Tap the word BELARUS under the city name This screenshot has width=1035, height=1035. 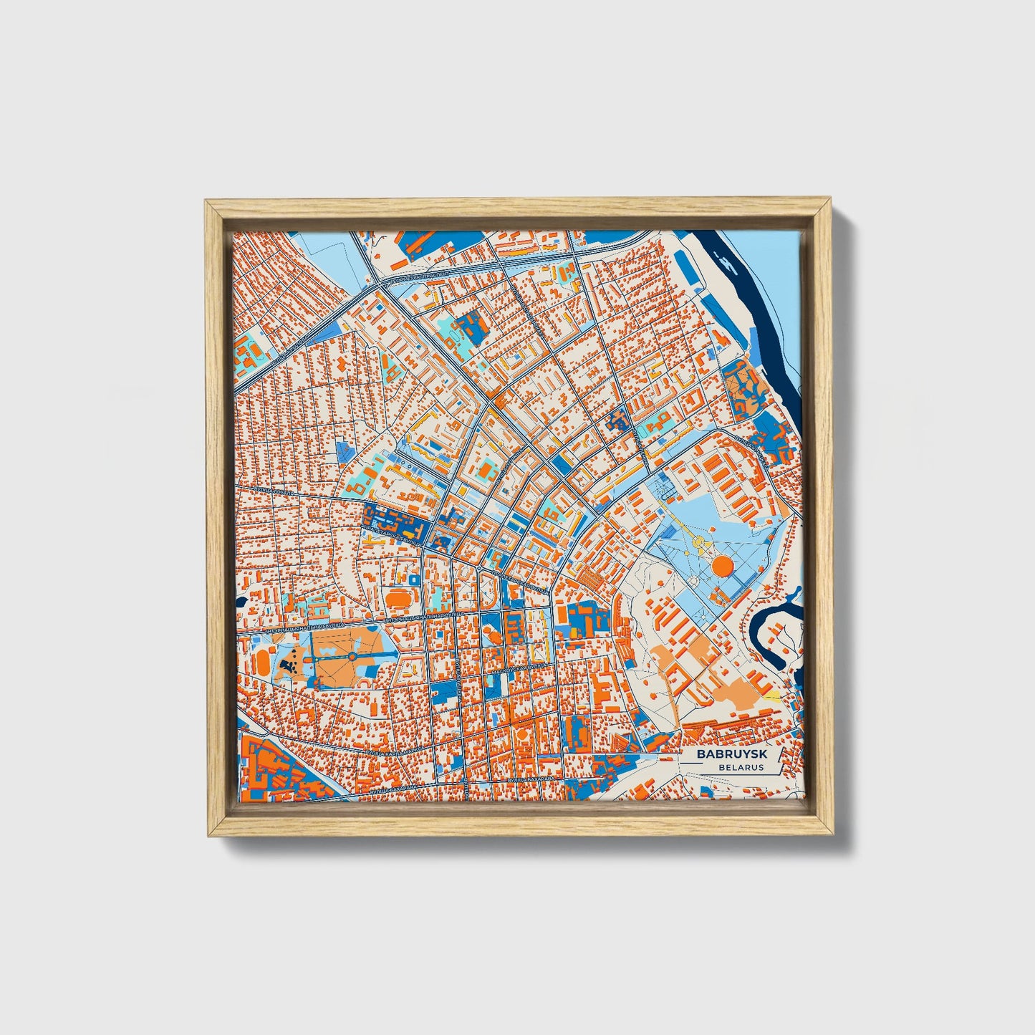(x=743, y=767)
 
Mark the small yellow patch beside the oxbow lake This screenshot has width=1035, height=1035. (x=771, y=694)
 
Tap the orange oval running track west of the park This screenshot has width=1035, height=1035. (x=265, y=658)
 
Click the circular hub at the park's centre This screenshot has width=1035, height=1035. (x=352, y=656)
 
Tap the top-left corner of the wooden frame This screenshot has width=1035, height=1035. (x=208, y=203)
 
